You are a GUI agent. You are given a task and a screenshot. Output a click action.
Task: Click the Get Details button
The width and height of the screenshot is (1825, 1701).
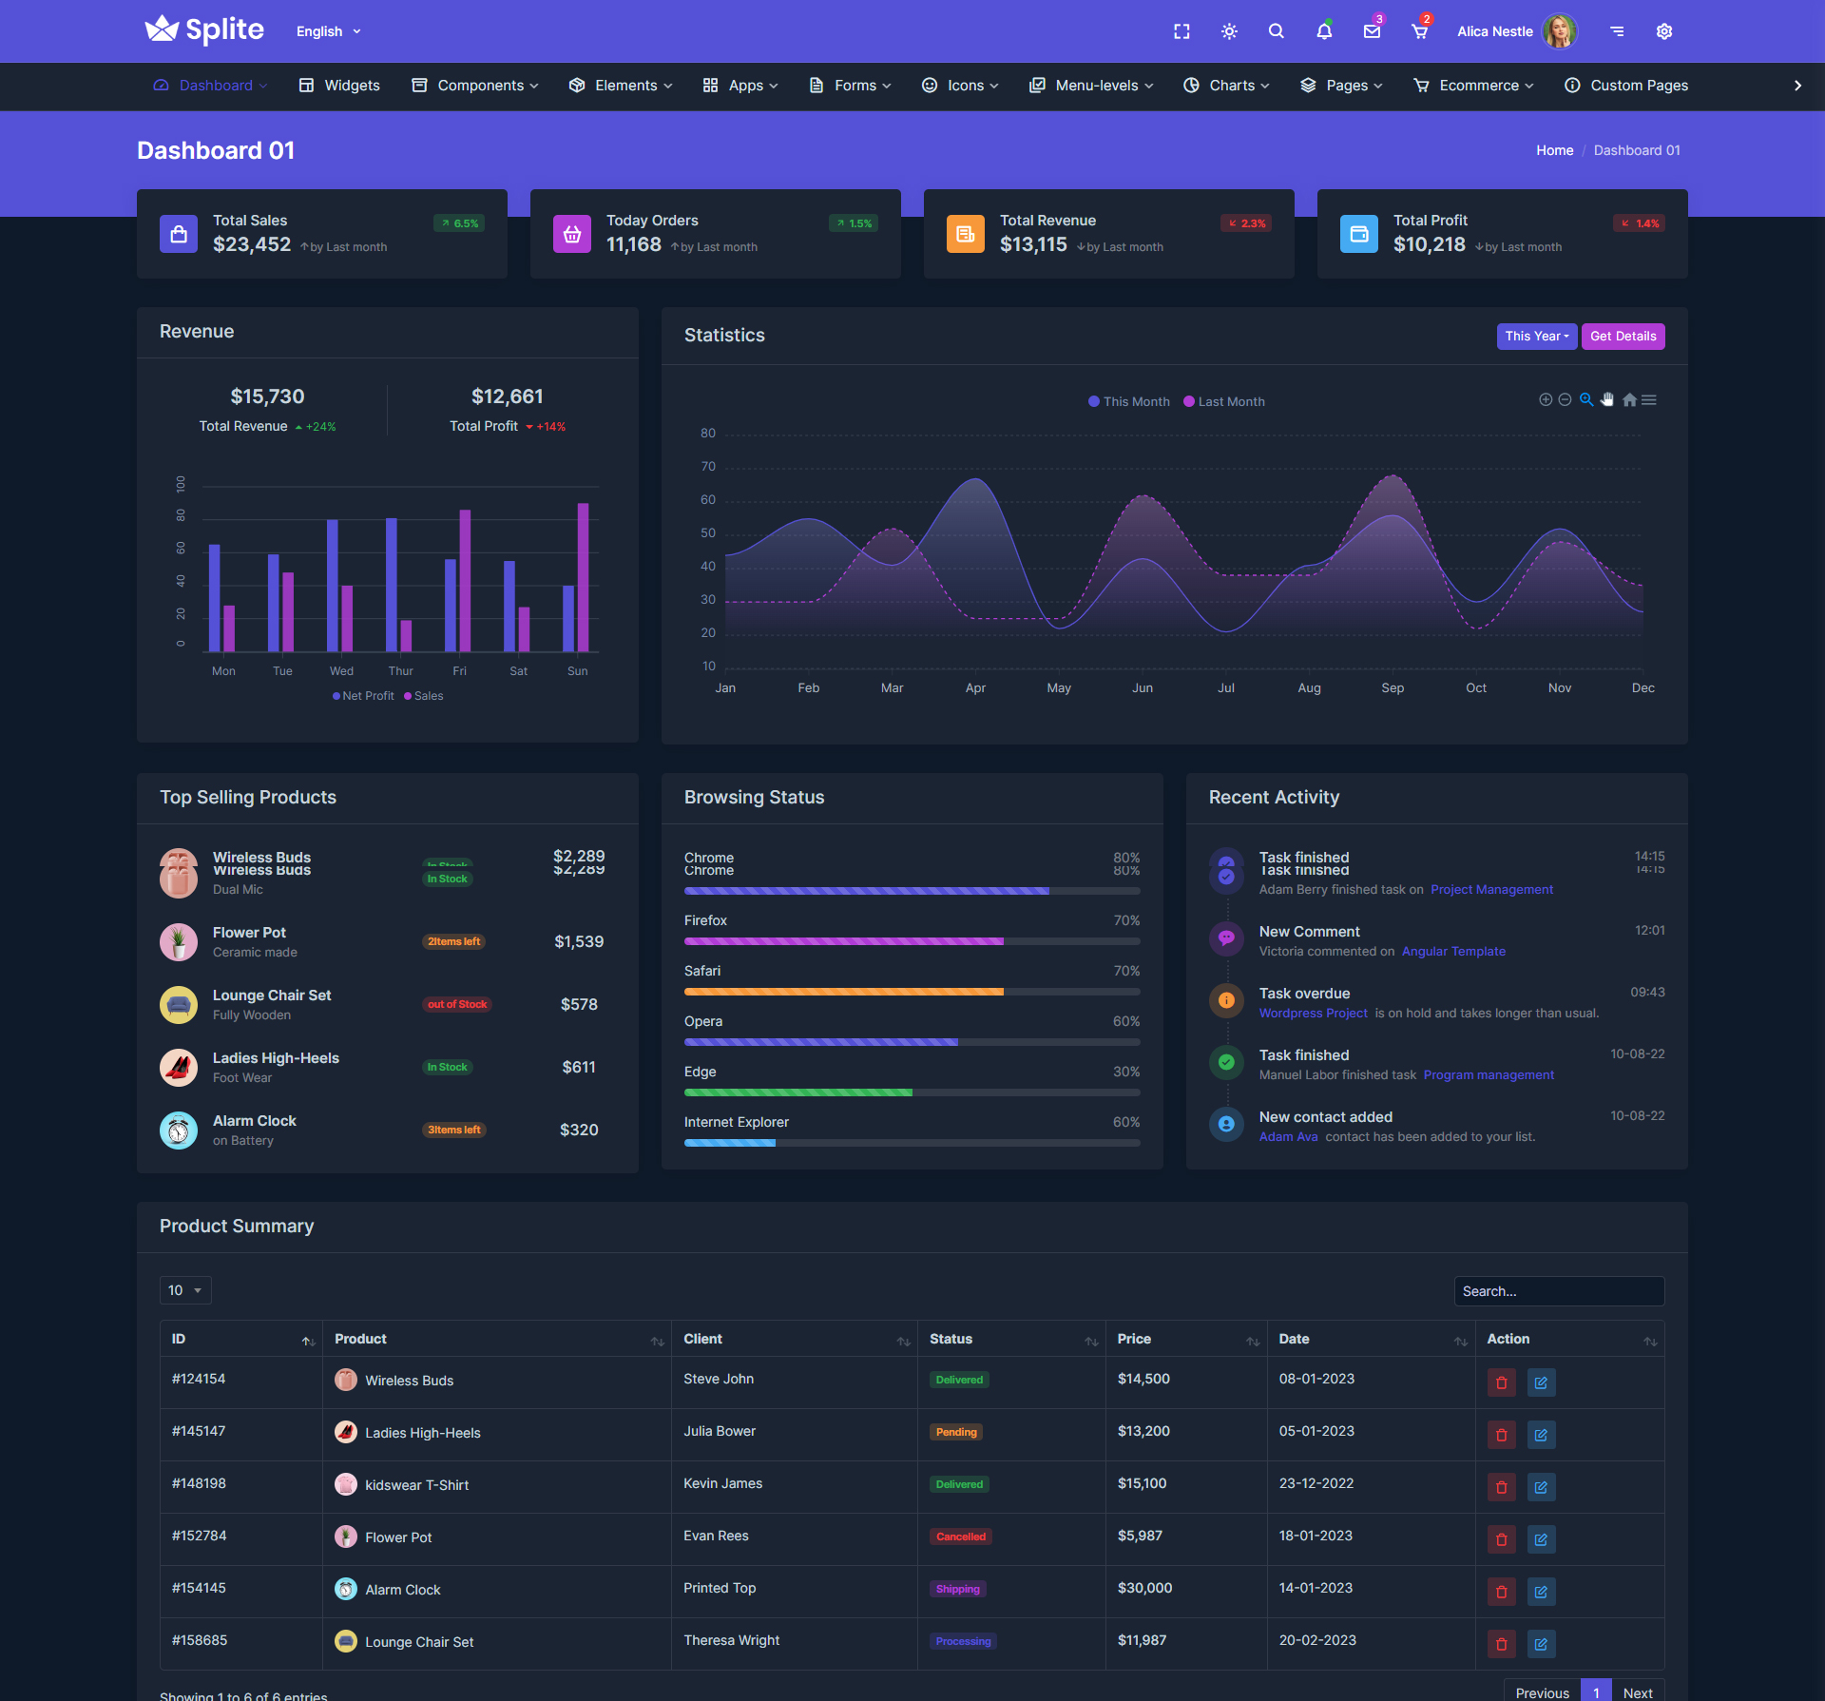tap(1623, 336)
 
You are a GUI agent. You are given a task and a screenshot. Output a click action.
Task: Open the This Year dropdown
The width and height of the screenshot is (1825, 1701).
tap(1536, 336)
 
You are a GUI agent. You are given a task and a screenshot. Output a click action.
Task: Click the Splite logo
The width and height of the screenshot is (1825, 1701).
tap(204, 30)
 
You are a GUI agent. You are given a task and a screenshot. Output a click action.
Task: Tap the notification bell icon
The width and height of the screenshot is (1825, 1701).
tap(1324, 31)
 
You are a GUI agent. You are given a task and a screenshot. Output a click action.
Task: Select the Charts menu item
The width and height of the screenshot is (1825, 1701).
tap(1226, 86)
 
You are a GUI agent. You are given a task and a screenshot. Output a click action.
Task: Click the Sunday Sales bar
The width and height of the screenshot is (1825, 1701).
tap(583, 577)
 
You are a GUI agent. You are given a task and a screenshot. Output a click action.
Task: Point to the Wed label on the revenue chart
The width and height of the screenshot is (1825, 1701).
tap(341, 671)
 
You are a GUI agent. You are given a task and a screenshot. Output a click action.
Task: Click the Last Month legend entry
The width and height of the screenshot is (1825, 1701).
tap(1224, 401)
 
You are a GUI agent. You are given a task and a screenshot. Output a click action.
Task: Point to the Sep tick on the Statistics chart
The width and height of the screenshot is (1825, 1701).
tap(1393, 688)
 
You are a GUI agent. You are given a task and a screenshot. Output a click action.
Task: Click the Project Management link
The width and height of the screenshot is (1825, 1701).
tap(1491, 890)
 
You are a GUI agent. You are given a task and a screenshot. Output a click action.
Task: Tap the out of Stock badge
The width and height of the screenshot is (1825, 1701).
tap(457, 1004)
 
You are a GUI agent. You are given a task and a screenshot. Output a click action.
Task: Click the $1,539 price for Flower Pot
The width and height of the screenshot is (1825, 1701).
tap(579, 941)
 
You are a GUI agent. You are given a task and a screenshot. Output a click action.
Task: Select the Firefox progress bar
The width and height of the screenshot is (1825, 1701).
tap(912, 941)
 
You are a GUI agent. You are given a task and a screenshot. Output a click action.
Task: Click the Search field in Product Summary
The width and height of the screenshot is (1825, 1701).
tap(1559, 1291)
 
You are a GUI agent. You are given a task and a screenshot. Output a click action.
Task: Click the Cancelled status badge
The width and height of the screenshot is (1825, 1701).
tap(961, 1537)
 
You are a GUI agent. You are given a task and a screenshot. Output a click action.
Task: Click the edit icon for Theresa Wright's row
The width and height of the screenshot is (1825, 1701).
tap(1541, 1643)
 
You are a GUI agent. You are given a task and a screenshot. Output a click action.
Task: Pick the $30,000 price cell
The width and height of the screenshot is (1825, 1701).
tap(1144, 1588)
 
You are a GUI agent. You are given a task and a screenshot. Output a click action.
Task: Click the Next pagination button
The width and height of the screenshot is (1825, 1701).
tap(1638, 1691)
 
